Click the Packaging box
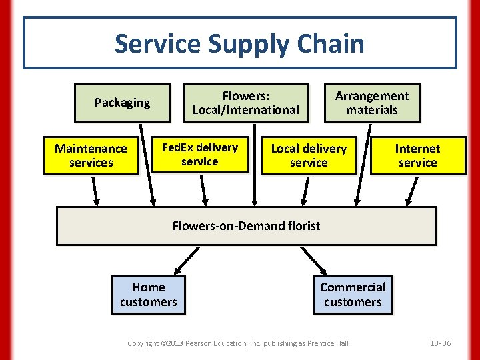pyautogui.click(x=122, y=103)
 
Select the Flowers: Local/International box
pyautogui.click(x=246, y=103)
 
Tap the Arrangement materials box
pyautogui.click(x=372, y=103)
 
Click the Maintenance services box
pyautogui.click(x=91, y=155)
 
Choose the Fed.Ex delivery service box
pyautogui.click(x=200, y=155)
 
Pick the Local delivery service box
pyautogui.click(x=309, y=155)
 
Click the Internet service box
pyautogui.click(x=418, y=155)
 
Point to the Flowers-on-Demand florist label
pyautogui.click(x=246, y=225)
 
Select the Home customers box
pyautogui.click(x=148, y=294)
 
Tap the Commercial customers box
pyautogui.click(x=353, y=294)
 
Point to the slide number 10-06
pyautogui.click(x=440, y=343)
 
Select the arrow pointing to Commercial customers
pyautogui.click(x=312, y=260)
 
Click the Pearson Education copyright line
pyautogui.click(x=238, y=343)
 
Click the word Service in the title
pyautogui.click(x=157, y=44)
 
